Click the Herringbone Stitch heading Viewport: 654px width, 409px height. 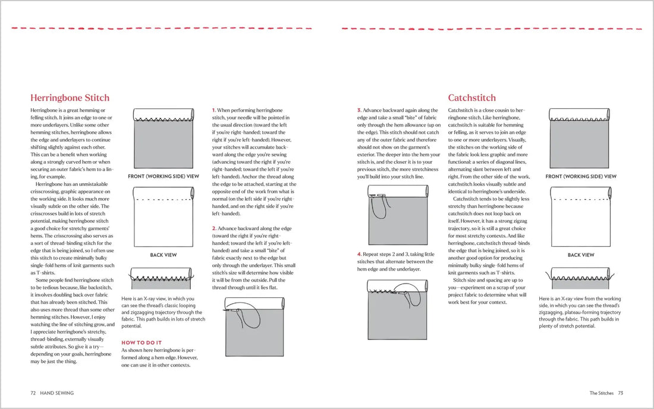[x=70, y=98]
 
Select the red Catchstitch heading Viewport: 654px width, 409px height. [x=471, y=98]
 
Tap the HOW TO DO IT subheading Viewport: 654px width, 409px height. [x=142, y=342]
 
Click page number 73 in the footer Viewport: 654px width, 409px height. [x=620, y=392]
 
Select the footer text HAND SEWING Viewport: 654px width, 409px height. [x=58, y=392]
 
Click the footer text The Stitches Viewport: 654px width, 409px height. [x=602, y=392]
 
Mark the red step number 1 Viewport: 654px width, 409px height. [x=214, y=111]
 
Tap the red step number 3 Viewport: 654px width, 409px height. [x=359, y=111]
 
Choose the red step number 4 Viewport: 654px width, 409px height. [x=359, y=254]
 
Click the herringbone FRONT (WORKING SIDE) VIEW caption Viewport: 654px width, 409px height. [x=164, y=177]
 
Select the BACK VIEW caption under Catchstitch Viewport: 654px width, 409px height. [x=581, y=255]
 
